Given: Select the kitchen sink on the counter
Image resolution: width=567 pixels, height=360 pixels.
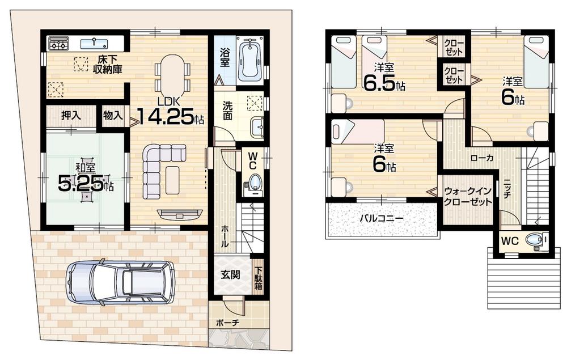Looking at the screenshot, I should [94, 43].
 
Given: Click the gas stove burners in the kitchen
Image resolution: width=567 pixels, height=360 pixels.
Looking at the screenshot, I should [58, 43].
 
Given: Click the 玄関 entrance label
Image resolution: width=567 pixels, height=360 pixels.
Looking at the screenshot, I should [230, 275].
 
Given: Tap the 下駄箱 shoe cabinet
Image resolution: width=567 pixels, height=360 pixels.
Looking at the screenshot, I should [259, 277].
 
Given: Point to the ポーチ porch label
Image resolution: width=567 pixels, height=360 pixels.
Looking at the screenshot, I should [227, 323].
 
